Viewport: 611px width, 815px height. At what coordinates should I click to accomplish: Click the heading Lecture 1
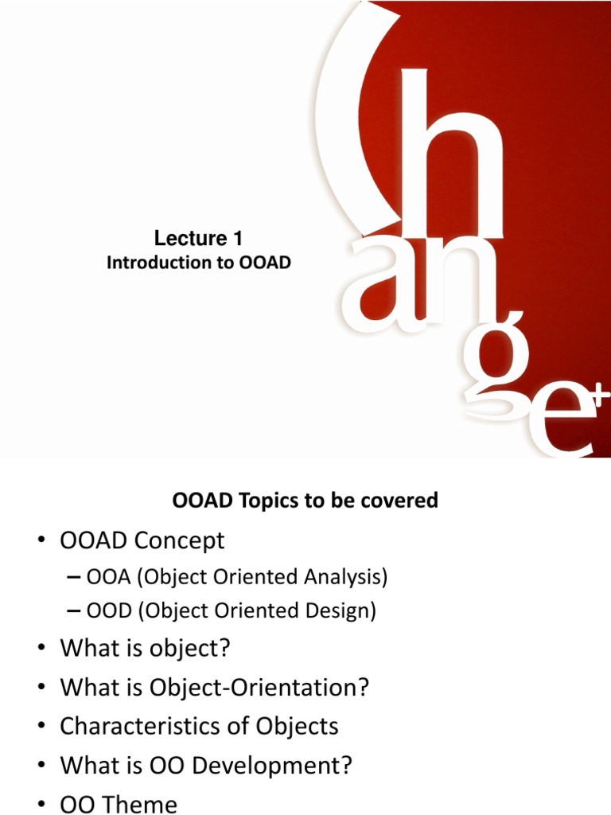[x=197, y=239]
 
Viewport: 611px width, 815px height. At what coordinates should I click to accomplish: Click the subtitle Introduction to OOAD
[x=199, y=263]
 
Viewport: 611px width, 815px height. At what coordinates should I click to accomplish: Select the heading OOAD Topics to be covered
[x=305, y=501]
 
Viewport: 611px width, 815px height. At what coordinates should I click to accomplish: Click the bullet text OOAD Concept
[x=142, y=541]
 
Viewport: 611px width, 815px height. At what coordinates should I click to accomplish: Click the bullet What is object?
[x=145, y=649]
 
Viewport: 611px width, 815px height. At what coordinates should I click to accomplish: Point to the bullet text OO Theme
[x=119, y=804]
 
